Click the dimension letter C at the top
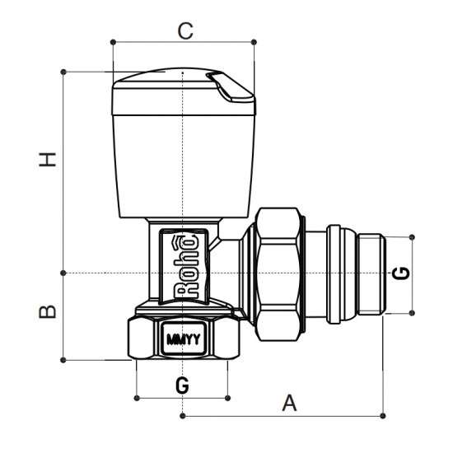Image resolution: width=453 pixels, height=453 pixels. click(186, 31)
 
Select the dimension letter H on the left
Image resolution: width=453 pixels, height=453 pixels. click(52, 159)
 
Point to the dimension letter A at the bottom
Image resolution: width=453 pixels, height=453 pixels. click(289, 403)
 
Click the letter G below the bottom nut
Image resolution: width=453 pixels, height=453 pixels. click(183, 385)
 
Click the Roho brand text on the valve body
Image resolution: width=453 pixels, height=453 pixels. click(184, 266)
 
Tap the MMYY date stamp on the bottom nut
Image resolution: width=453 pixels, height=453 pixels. click(182, 338)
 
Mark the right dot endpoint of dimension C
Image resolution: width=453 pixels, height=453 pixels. click(254, 41)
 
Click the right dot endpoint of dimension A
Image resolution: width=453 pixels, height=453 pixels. click(383, 413)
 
